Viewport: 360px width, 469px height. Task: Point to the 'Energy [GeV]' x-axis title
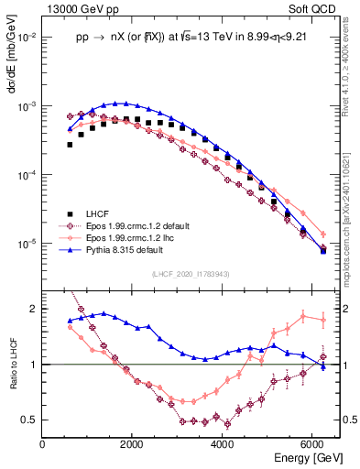coord(309,457)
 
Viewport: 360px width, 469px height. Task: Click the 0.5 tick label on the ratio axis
coord(31,420)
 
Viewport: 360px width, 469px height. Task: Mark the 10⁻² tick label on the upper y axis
coord(28,38)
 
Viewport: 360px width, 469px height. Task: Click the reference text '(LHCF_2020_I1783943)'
coord(190,273)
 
